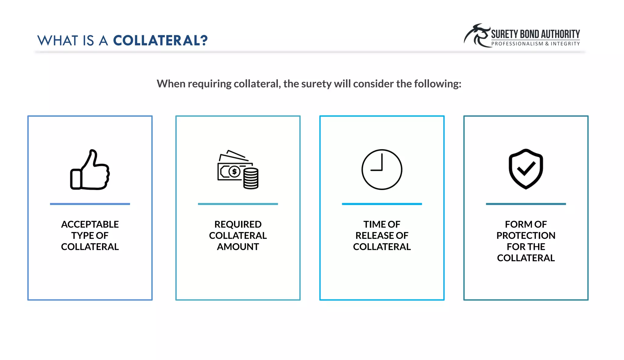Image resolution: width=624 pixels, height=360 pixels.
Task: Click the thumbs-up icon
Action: pos(90,170)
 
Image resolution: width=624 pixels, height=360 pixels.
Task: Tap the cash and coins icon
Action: pos(238,170)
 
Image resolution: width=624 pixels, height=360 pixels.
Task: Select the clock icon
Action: pos(382,170)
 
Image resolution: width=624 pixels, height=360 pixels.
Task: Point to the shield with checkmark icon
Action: pos(526,169)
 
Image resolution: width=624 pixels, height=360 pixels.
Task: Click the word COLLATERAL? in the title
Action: pos(160,41)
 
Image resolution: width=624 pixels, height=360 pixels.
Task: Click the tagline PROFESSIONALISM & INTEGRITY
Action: pos(535,44)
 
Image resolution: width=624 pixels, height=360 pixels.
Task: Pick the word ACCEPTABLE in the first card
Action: pos(90,224)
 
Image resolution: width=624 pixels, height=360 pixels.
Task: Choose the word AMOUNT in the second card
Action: pos(238,247)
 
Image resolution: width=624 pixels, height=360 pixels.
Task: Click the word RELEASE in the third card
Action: pos(375,236)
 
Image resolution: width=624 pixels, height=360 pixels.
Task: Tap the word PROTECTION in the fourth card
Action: pos(526,236)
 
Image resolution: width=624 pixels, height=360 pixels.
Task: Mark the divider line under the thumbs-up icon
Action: pos(90,204)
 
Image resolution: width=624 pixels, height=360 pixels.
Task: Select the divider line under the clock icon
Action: pos(382,204)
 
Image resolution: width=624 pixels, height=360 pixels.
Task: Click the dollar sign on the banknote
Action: pos(234,172)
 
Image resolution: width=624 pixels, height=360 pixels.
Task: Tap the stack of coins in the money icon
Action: pos(251,179)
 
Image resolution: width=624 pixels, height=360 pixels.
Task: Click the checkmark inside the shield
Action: pos(526,168)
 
